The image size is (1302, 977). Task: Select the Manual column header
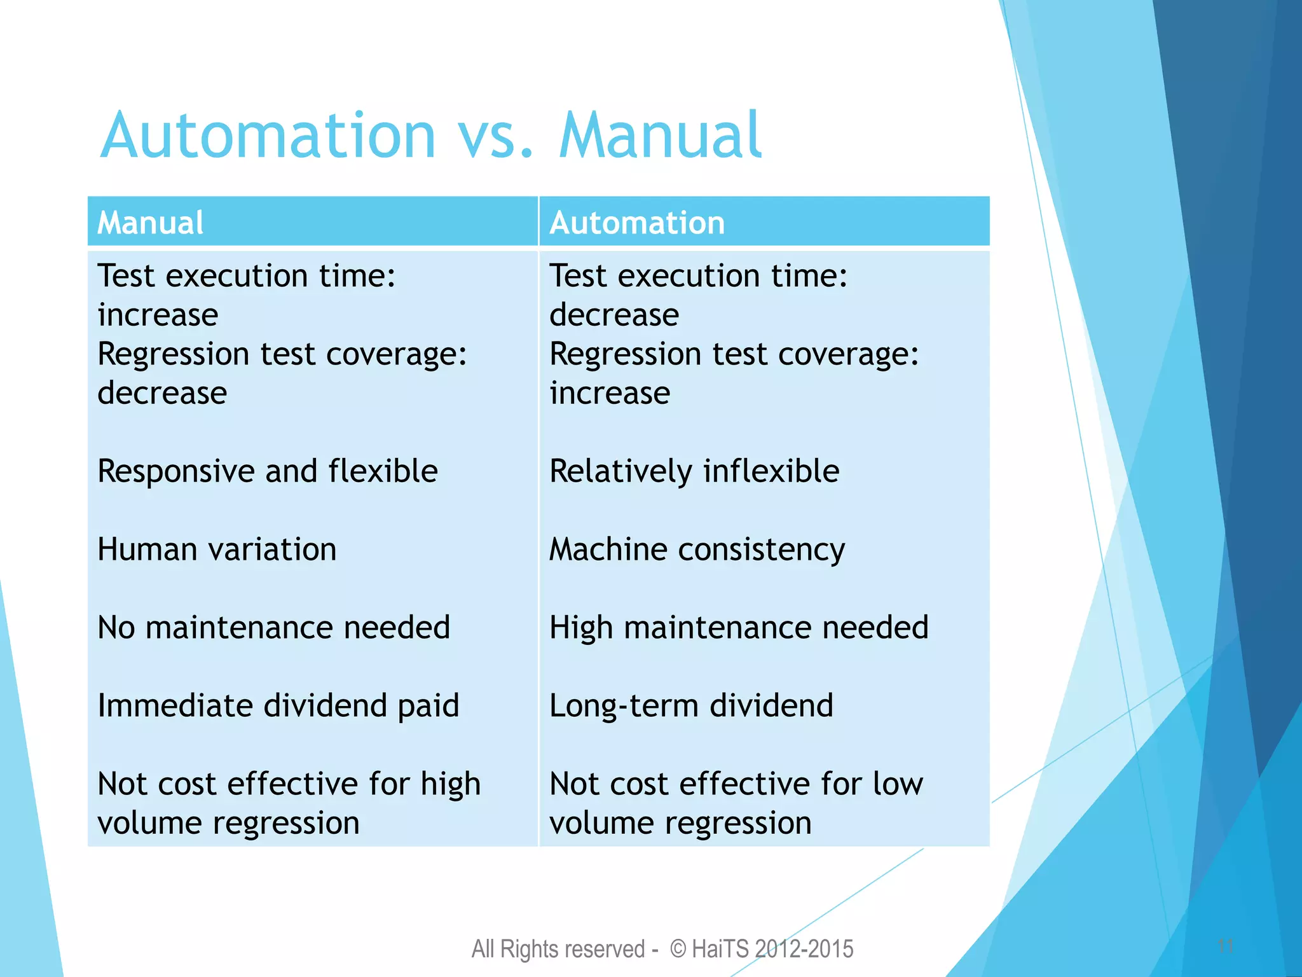tap(151, 223)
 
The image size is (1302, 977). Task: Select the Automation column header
tap(637, 223)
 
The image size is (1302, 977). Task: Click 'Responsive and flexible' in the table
tap(268, 471)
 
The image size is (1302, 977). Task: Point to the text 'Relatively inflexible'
tap(694, 471)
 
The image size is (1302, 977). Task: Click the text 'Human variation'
tap(217, 550)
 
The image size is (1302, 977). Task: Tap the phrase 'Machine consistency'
tap(697, 550)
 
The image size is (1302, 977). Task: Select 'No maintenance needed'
tap(274, 628)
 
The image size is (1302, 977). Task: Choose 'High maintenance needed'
tap(739, 628)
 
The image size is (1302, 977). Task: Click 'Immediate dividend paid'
tap(278, 706)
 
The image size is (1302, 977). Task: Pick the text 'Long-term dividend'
tap(691, 706)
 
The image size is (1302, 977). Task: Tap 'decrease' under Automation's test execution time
tap(614, 315)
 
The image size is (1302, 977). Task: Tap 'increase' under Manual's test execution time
tap(158, 315)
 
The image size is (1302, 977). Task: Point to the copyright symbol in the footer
tap(678, 949)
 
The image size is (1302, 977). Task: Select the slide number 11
tap(1226, 946)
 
